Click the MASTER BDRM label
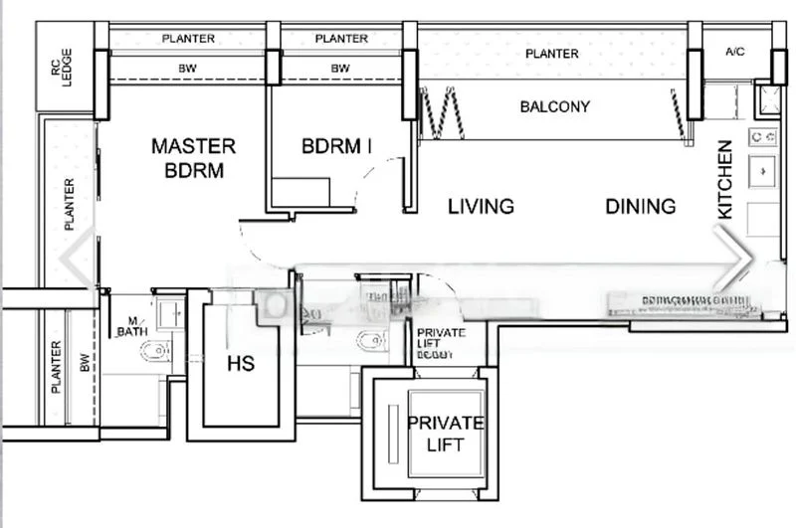point(193,158)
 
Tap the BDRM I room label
point(336,146)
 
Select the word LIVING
point(481,207)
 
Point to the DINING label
point(641,207)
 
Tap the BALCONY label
point(555,106)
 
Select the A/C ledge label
point(735,51)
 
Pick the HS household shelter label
point(241,364)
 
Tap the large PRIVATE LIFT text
point(445,434)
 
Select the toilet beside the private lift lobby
point(371,341)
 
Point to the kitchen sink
point(763,171)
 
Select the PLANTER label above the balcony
point(552,54)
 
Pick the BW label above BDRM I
point(340,69)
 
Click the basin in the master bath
point(170,312)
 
